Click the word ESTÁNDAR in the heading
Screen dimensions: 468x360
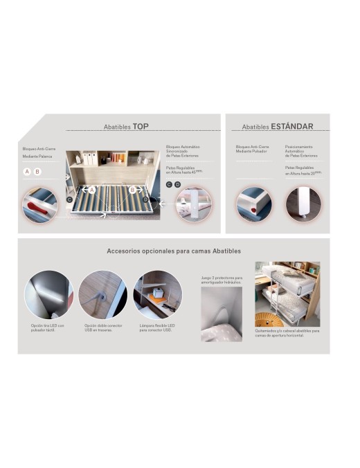click(292, 127)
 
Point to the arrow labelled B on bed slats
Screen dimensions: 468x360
click(131, 189)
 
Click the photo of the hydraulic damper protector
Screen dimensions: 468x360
click(221, 314)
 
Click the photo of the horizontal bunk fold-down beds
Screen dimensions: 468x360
click(287, 294)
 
